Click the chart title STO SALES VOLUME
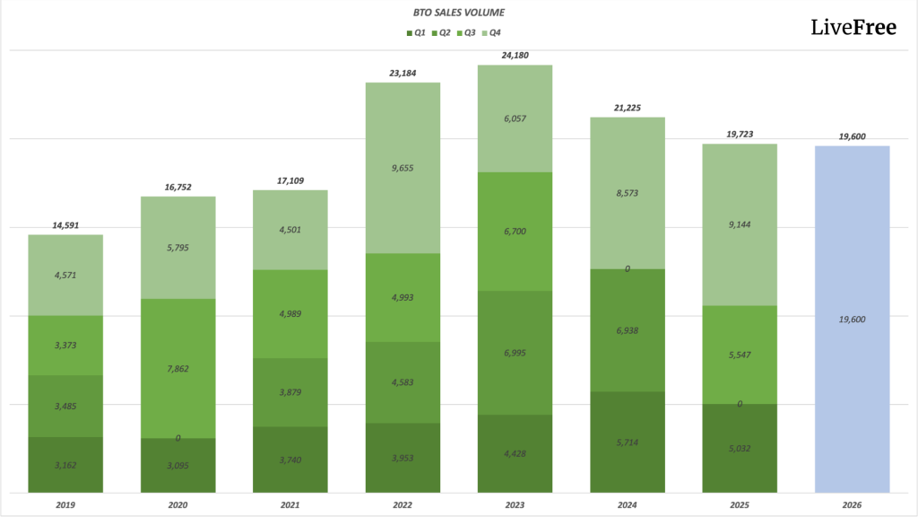(458, 13)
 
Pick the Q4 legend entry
(491, 33)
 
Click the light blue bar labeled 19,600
(852, 319)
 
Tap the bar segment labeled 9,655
(403, 168)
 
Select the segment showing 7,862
(178, 368)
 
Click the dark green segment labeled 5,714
(627, 443)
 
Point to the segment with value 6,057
(515, 118)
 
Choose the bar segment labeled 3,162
(65, 465)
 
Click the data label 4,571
(65, 275)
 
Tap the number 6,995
(515, 353)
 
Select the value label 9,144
(740, 225)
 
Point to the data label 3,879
(290, 392)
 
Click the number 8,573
(627, 193)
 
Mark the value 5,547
(740, 355)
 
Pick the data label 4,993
(403, 297)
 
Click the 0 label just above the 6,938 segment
(627, 268)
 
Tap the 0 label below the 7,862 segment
(178, 438)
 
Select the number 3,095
(178, 465)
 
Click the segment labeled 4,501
(290, 230)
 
